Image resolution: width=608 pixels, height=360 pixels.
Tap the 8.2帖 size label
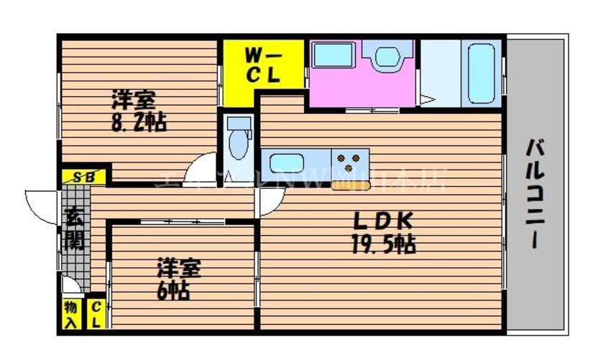click(139, 122)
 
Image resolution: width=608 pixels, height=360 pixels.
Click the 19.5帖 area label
click(381, 245)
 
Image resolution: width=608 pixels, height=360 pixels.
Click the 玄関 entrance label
click(73, 229)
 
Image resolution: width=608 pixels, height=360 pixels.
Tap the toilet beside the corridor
click(236, 140)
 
